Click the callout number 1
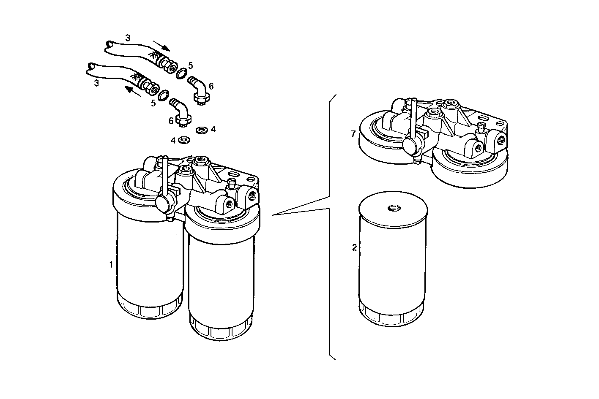[111, 265]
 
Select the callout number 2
[354, 248]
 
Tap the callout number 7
[353, 134]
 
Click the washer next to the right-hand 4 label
[201, 130]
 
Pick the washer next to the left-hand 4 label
[184, 139]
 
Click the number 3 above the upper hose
[128, 38]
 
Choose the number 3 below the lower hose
[96, 83]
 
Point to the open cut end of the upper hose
[109, 44]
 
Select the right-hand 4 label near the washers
[213, 130]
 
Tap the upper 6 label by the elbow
[211, 86]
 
